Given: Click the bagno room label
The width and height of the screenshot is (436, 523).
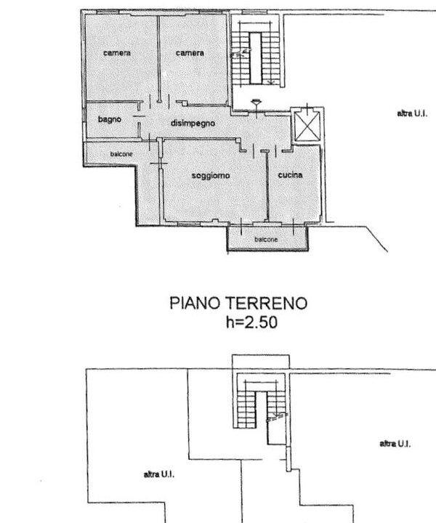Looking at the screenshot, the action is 110,119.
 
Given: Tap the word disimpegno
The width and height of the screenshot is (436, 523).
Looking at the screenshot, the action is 193,123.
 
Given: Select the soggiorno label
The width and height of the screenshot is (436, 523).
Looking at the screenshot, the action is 211,176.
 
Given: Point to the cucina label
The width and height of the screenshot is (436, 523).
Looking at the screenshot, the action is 290,175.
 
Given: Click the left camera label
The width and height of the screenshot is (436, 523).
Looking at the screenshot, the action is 117,53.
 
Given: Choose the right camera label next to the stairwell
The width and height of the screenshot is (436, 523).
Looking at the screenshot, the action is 190,53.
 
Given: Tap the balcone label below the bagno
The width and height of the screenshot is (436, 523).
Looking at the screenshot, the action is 121,154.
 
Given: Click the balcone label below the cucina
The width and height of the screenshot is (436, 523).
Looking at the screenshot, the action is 266,240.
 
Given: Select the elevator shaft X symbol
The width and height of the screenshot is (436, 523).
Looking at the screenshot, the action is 307,126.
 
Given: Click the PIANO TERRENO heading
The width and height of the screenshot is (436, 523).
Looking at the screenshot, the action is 238,303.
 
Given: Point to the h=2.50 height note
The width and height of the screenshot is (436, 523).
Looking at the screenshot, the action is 251,323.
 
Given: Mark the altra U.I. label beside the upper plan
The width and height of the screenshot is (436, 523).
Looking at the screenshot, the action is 412,113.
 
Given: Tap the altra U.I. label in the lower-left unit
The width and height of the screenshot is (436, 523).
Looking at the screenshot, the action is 159,474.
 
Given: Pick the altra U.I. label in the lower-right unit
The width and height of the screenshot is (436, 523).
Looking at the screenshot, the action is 395,444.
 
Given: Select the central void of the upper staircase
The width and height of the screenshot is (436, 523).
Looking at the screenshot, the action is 256,58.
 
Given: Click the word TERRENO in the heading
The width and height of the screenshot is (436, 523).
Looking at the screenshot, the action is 267,303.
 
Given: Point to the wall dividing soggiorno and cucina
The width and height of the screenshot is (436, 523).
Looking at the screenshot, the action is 267,186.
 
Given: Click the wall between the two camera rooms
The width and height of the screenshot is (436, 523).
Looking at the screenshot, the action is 159,59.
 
